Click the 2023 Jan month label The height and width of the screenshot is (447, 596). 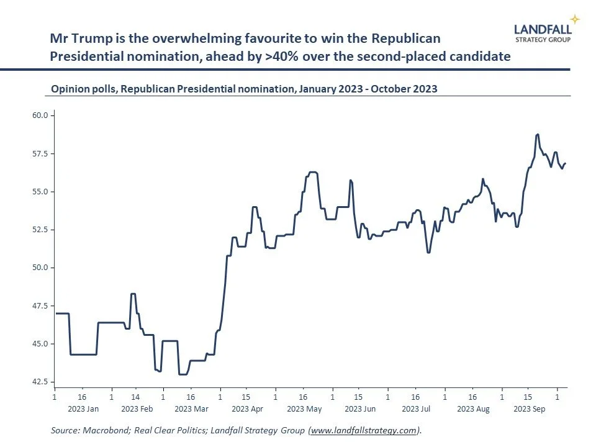click(83, 409)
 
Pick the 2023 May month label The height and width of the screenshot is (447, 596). click(304, 409)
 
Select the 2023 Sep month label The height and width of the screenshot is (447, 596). click(528, 409)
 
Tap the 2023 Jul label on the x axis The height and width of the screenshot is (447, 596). click(416, 409)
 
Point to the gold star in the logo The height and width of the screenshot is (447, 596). click(575, 19)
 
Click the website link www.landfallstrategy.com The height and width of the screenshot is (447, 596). click(363, 430)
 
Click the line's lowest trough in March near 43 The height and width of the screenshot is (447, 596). click(183, 374)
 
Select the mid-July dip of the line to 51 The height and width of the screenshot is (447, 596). click(428, 252)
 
